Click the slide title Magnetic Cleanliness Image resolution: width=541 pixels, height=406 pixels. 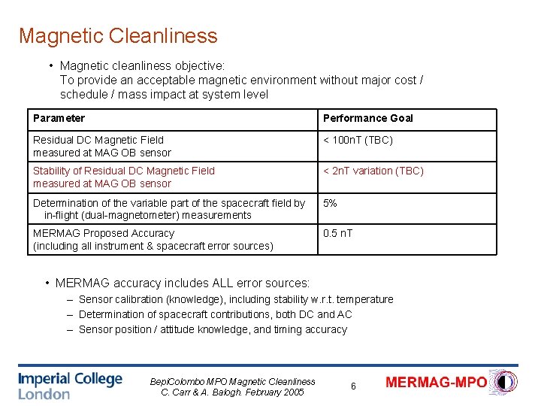(118, 36)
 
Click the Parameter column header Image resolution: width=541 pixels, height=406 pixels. (59, 118)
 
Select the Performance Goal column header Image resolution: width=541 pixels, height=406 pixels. (367, 118)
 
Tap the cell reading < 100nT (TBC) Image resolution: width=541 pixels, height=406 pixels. (358, 140)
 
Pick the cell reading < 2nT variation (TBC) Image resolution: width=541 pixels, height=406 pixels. (373, 171)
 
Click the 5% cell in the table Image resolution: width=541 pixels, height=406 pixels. (330, 203)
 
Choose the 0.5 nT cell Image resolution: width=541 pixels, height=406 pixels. (337, 233)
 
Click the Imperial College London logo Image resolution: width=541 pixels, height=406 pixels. (70, 385)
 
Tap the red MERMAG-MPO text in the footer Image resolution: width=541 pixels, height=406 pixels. (436, 383)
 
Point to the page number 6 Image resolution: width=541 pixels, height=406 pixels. (353, 386)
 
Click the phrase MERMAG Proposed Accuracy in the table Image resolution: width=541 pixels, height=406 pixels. (92, 233)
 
